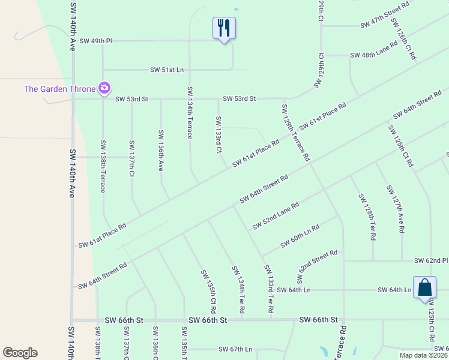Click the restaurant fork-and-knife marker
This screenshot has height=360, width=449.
(224, 28)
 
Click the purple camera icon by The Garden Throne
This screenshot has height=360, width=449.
(104, 89)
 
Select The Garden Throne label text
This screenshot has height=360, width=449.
(59, 89)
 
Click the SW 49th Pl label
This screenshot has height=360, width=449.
(96, 41)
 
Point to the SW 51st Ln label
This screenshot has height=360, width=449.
(166, 70)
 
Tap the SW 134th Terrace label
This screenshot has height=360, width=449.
(190, 113)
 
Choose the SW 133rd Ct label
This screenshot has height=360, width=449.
(218, 134)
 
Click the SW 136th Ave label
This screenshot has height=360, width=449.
(161, 151)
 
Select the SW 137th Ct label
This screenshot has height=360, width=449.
(131, 159)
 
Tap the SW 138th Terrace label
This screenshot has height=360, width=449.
(103, 166)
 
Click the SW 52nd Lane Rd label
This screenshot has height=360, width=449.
(276, 216)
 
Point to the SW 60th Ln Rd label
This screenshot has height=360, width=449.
(300, 238)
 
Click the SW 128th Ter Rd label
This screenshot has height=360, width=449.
(366, 217)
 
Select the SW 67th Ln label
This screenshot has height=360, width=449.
(235, 349)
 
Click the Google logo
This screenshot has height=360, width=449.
(20, 353)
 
